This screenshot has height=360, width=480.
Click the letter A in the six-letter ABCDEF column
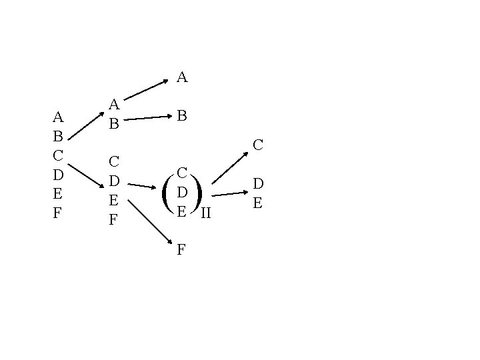58,118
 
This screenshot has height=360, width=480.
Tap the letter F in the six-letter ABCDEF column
57,214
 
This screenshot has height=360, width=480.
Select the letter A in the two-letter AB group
114,105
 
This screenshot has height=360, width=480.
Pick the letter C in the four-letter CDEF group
114,161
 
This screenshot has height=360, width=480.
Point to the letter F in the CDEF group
114,219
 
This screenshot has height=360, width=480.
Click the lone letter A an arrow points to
182,78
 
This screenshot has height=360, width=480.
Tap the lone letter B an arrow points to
181,116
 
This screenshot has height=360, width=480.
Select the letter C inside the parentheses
181,172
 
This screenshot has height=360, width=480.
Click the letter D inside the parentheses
181,192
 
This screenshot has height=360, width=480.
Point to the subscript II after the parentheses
206,213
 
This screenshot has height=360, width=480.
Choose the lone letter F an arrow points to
181,251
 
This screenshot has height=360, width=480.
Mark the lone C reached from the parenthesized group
258,143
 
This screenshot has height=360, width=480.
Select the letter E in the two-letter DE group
258,202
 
